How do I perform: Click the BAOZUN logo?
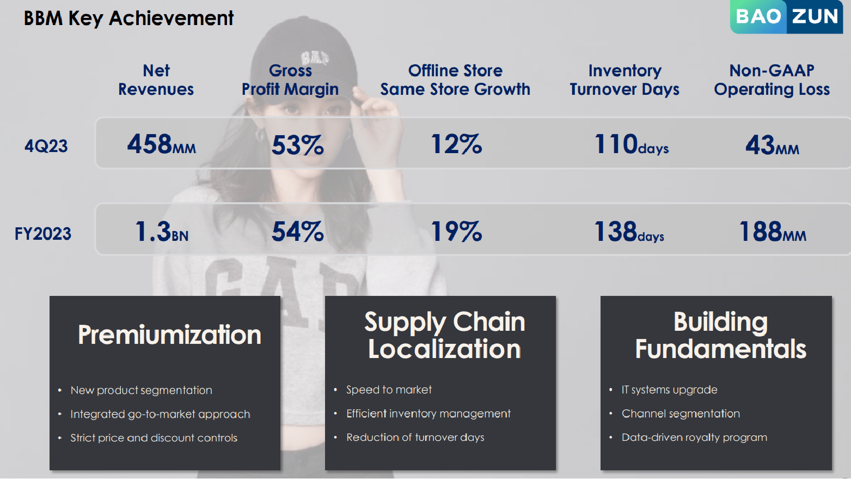pos(786,17)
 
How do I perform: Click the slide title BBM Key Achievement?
pos(128,19)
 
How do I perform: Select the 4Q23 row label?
pos(46,146)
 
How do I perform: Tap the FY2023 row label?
pos(43,234)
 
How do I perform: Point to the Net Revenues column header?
pos(156,80)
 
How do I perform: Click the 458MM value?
pos(161,145)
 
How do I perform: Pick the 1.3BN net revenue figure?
pos(161,232)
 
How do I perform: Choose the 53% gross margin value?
pos(297,145)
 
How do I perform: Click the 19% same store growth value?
pos(456,232)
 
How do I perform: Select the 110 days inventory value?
pos(631,145)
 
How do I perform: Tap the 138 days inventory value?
pos(629,232)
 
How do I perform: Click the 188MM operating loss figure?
pos(772,232)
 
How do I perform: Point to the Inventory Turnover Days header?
pos(625,80)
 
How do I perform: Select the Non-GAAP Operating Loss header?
pos(772,80)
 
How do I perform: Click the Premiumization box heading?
pos(169,335)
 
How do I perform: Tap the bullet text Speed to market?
pos(389,390)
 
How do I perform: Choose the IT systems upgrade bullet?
pos(669,390)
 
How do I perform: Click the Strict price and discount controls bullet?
pos(154,438)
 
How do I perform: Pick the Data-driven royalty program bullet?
pos(694,437)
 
